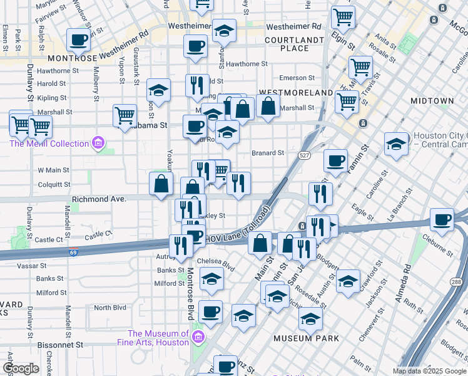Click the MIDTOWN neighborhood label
tap(432, 101)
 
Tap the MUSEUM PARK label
tap(306, 338)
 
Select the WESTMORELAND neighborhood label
tap(295, 92)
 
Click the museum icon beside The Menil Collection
tap(98, 144)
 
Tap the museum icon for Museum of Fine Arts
tap(198, 338)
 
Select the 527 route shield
tap(302, 155)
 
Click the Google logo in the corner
tap(21, 368)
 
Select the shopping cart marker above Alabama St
tap(125, 115)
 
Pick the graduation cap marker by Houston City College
tap(396, 144)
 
